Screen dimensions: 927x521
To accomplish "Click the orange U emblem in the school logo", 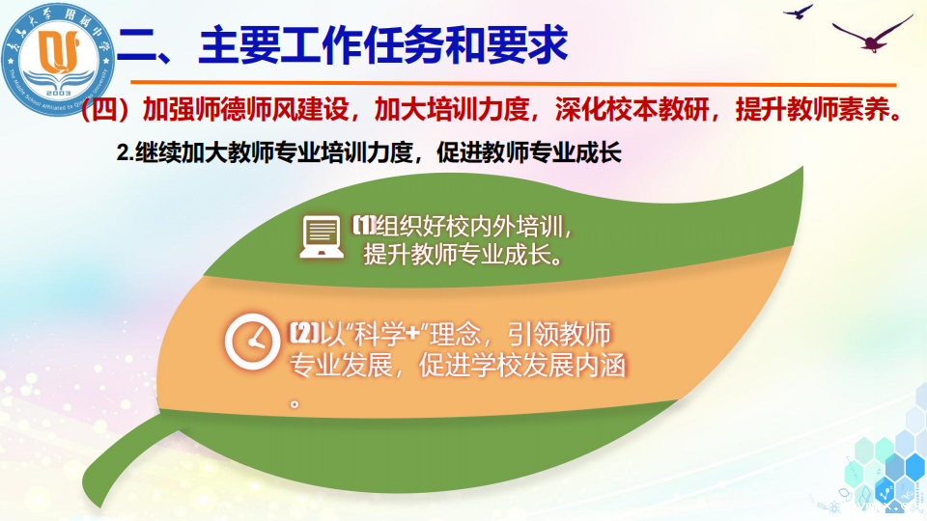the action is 58,51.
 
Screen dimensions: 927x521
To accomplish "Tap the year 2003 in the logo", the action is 58,94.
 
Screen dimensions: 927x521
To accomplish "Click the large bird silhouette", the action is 871,34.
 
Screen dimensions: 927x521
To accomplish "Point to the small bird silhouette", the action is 799,12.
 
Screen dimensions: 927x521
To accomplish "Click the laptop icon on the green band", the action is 321,237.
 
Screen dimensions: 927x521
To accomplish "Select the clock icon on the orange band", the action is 252,342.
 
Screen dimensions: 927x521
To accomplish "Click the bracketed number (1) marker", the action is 364,226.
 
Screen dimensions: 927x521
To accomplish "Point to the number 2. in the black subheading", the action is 126,153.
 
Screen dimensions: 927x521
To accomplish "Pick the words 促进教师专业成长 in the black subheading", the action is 529,153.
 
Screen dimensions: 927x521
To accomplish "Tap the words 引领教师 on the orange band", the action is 559,335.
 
